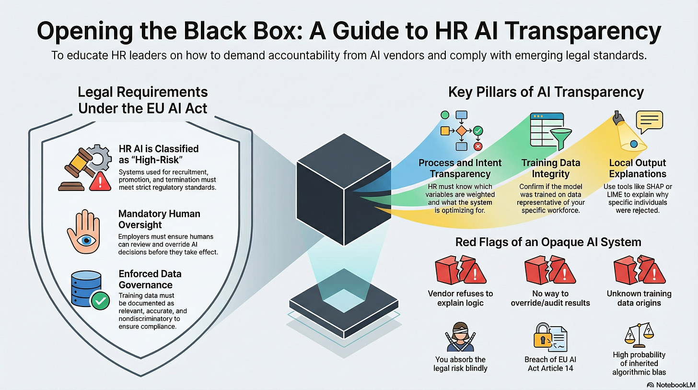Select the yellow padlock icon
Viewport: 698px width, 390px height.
pos(542,339)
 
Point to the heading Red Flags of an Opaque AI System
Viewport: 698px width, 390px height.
pos(548,242)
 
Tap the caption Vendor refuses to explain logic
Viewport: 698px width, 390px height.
pos(460,298)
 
